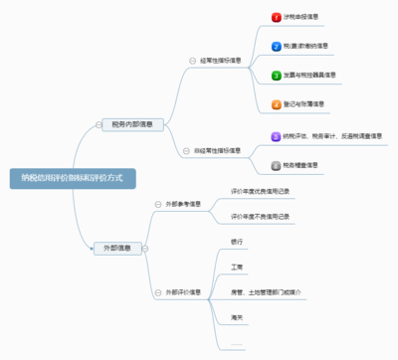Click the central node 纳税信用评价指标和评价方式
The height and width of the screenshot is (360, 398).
[x=72, y=178]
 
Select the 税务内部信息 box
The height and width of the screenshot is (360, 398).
[x=131, y=124]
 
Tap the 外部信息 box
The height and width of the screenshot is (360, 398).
[x=117, y=248]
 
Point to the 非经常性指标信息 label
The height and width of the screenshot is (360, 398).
[x=221, y=151]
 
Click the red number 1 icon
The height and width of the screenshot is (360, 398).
[x=277, y=17]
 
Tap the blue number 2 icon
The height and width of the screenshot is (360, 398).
[x=277, y=46]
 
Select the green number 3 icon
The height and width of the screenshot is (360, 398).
[x=277, y=75]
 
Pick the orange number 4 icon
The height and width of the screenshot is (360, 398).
[x=277, y=103]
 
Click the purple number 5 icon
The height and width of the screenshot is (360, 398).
[x=277, y=136]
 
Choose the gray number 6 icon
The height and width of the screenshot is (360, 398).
[x=277, y=165]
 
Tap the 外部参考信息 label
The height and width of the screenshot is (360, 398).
[x=184, y=204]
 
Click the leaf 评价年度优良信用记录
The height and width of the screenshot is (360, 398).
[x=260, y=189]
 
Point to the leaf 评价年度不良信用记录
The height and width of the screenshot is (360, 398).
[x=260, y=217]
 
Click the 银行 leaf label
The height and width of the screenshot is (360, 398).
[x=237, y=242]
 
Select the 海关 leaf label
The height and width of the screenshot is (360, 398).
[x=237, y=317]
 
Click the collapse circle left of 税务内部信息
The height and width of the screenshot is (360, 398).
[x=98, y=125]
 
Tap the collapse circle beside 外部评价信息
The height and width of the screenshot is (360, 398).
[x=157, y=292]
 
